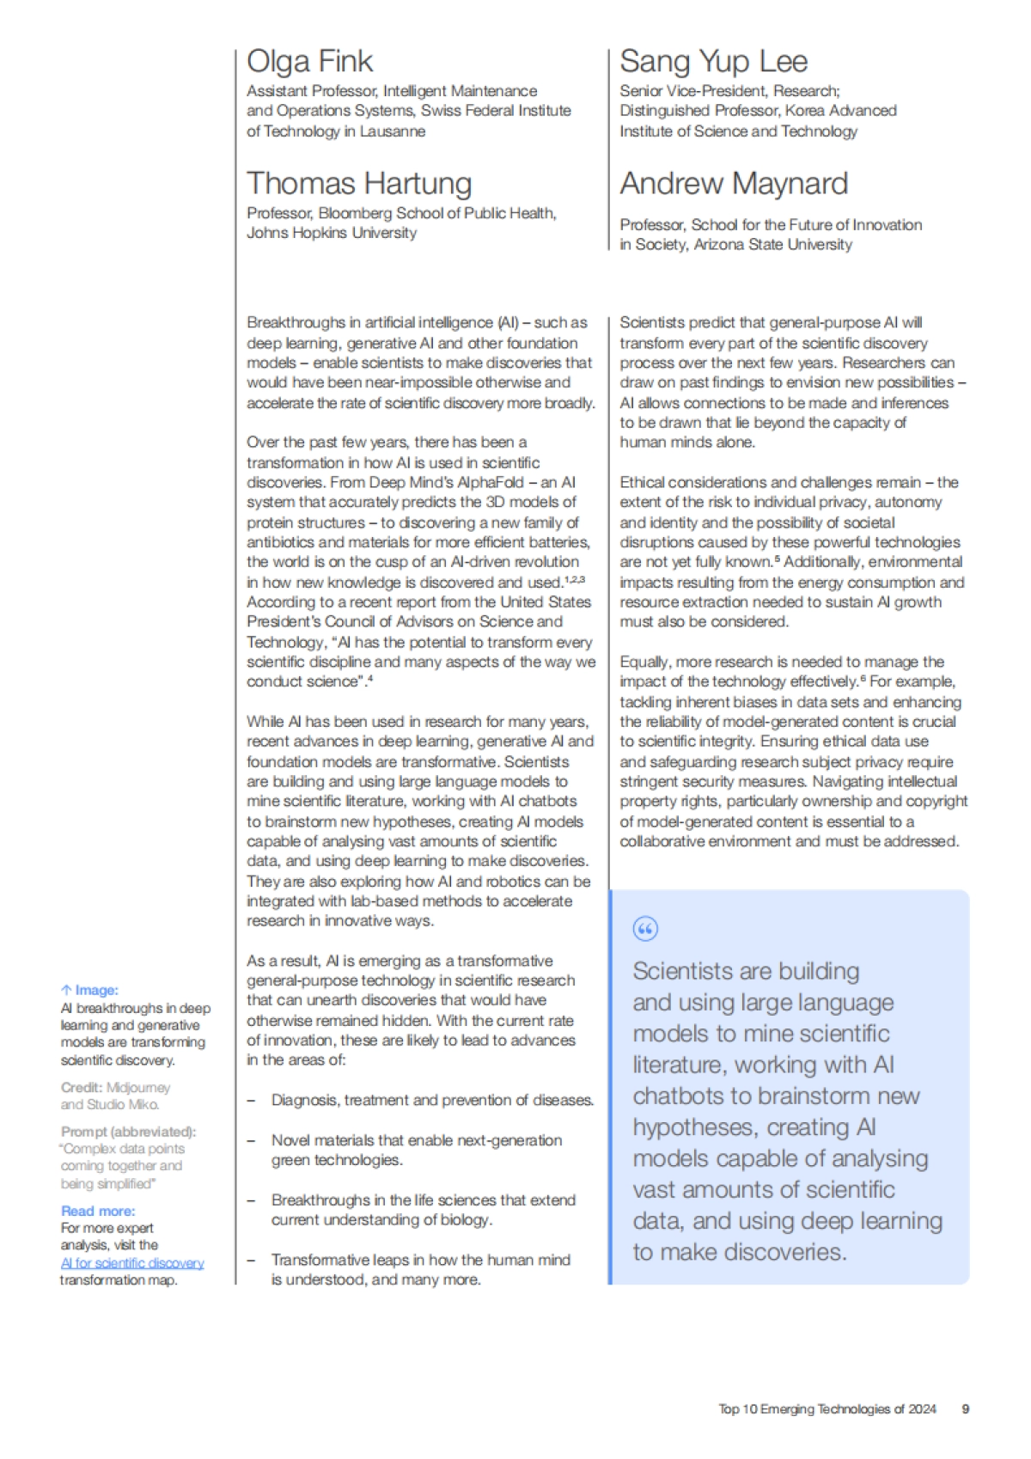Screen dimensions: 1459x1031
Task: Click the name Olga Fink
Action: [309, 62]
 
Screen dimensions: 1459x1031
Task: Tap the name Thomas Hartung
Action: [359, 184]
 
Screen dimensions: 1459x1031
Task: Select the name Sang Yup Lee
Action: [713, 62]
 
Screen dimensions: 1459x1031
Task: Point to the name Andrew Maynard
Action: [734, 184]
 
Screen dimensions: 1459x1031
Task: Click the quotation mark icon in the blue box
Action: [644, 929]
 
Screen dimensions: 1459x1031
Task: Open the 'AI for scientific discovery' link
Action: [132, 1263]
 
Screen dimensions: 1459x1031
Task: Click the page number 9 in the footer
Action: [965, 1409]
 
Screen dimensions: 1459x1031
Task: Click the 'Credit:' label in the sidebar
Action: [81, 1088]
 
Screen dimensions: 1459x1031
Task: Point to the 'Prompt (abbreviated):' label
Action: [128, 1132]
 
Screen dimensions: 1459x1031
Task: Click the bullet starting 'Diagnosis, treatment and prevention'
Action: [432, 1100]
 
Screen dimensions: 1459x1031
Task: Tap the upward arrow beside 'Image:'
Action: [66, 991]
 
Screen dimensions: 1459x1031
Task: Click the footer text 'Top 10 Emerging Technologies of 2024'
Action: [827, 1409]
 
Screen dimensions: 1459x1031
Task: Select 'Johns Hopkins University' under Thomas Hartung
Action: [332, 233]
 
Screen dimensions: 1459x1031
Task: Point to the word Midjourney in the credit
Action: [138, 1088]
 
